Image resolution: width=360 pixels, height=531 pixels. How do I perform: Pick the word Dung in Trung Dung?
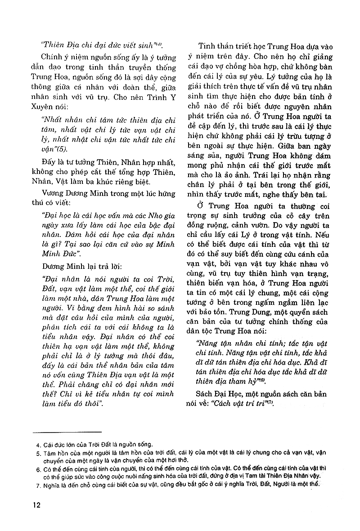pyautogui.click(x=248, y=312)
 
